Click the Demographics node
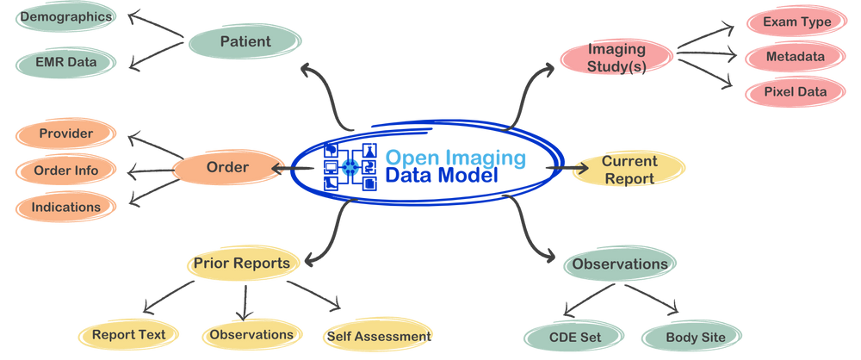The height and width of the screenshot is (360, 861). pos(65,17)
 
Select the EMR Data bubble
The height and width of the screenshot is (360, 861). pos(65,61)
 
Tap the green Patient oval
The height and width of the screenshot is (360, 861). pos(245,41)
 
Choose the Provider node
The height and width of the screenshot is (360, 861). pos(65,133)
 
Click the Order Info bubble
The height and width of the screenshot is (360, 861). pos(65,171)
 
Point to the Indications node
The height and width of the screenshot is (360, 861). pos(65,207)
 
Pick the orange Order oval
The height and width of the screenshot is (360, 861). pos(227,167)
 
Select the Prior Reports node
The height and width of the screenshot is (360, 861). pos(242,264)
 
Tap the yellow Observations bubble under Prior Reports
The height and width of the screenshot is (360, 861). pos(251,334)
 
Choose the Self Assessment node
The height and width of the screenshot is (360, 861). pos(377,336)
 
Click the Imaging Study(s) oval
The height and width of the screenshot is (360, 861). pos(616,57)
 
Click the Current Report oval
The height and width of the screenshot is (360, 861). pos(629,170)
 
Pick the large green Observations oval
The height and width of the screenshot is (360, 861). pos(620,264)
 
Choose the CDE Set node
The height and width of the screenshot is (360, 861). pos(574,337)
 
